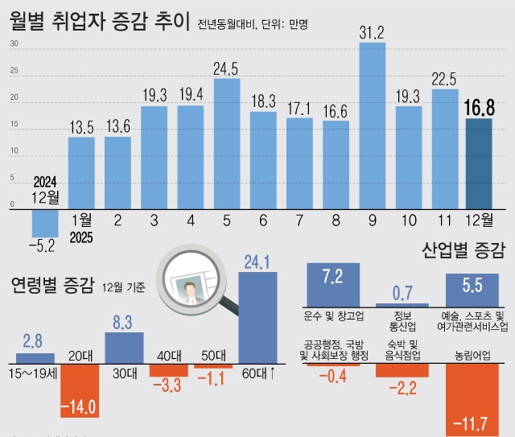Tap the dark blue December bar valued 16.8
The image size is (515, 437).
point(479,163)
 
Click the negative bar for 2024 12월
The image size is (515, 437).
point(45,221)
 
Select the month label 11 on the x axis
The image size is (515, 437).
point(444,221)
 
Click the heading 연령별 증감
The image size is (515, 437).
point(51,286)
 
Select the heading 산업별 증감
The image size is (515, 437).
point(463,251)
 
